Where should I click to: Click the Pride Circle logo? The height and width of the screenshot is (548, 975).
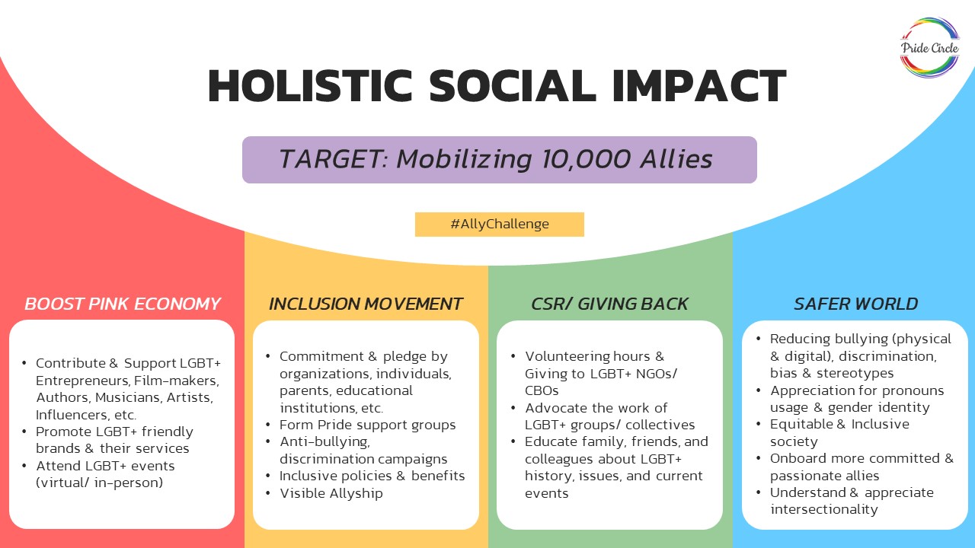coord(930,48)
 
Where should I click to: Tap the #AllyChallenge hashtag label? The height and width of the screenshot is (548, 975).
coord(499,225)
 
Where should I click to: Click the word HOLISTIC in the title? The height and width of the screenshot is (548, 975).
coord(310,86)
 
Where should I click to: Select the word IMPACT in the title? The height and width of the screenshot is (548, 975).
coord(698,86)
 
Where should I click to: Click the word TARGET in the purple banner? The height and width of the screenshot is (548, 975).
coord(331,159)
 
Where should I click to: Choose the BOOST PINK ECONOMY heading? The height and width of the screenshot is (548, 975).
coord(123,304)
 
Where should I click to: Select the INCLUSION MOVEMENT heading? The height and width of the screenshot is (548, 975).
coord(365,304)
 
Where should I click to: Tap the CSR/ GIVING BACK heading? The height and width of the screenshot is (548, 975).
coord(609,304)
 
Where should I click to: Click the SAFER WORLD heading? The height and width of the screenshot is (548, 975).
coord(855,304)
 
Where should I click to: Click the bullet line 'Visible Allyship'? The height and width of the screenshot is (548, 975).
coord(331,493)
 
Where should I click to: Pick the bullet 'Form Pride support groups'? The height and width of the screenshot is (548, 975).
coord(367,425)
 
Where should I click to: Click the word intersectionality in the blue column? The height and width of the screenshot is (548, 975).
coord(823,509)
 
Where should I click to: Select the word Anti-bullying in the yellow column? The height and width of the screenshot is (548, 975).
coord(324,442)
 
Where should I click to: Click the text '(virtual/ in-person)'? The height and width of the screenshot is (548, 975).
coord(99,483)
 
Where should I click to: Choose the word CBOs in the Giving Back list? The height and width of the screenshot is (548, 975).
coord(542,390)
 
